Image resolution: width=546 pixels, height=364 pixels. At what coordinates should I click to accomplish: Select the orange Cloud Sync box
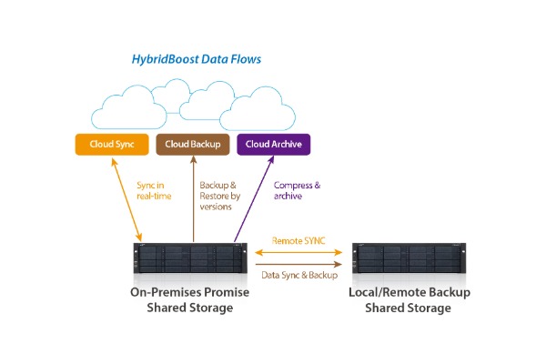(x=113, y=144)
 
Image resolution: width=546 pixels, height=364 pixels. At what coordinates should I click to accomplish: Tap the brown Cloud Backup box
(x=193, y=144)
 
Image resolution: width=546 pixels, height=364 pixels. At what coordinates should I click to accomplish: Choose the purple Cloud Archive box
(x=273, y=144)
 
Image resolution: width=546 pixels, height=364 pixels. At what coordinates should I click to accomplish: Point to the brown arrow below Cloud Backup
(x=193, y=200)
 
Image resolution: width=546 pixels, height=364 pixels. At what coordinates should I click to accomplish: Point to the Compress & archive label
(x=296, y=190)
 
